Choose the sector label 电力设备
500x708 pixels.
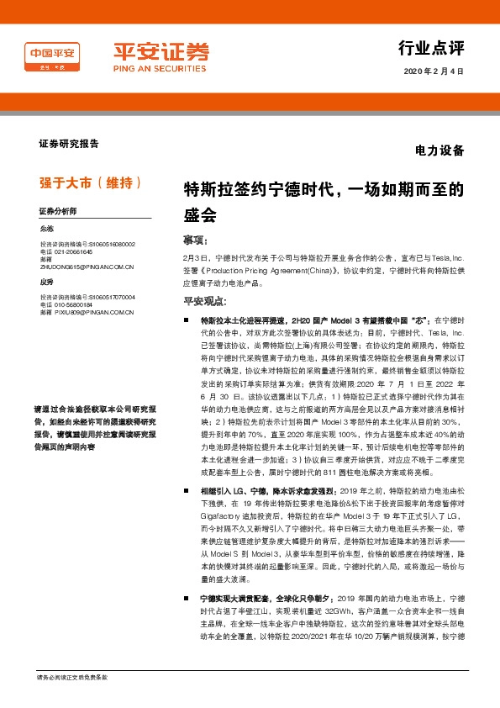tap(439, 151)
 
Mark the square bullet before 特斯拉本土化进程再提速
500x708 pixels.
tap(188, 321)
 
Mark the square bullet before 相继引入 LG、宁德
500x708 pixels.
tap(188, 488)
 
